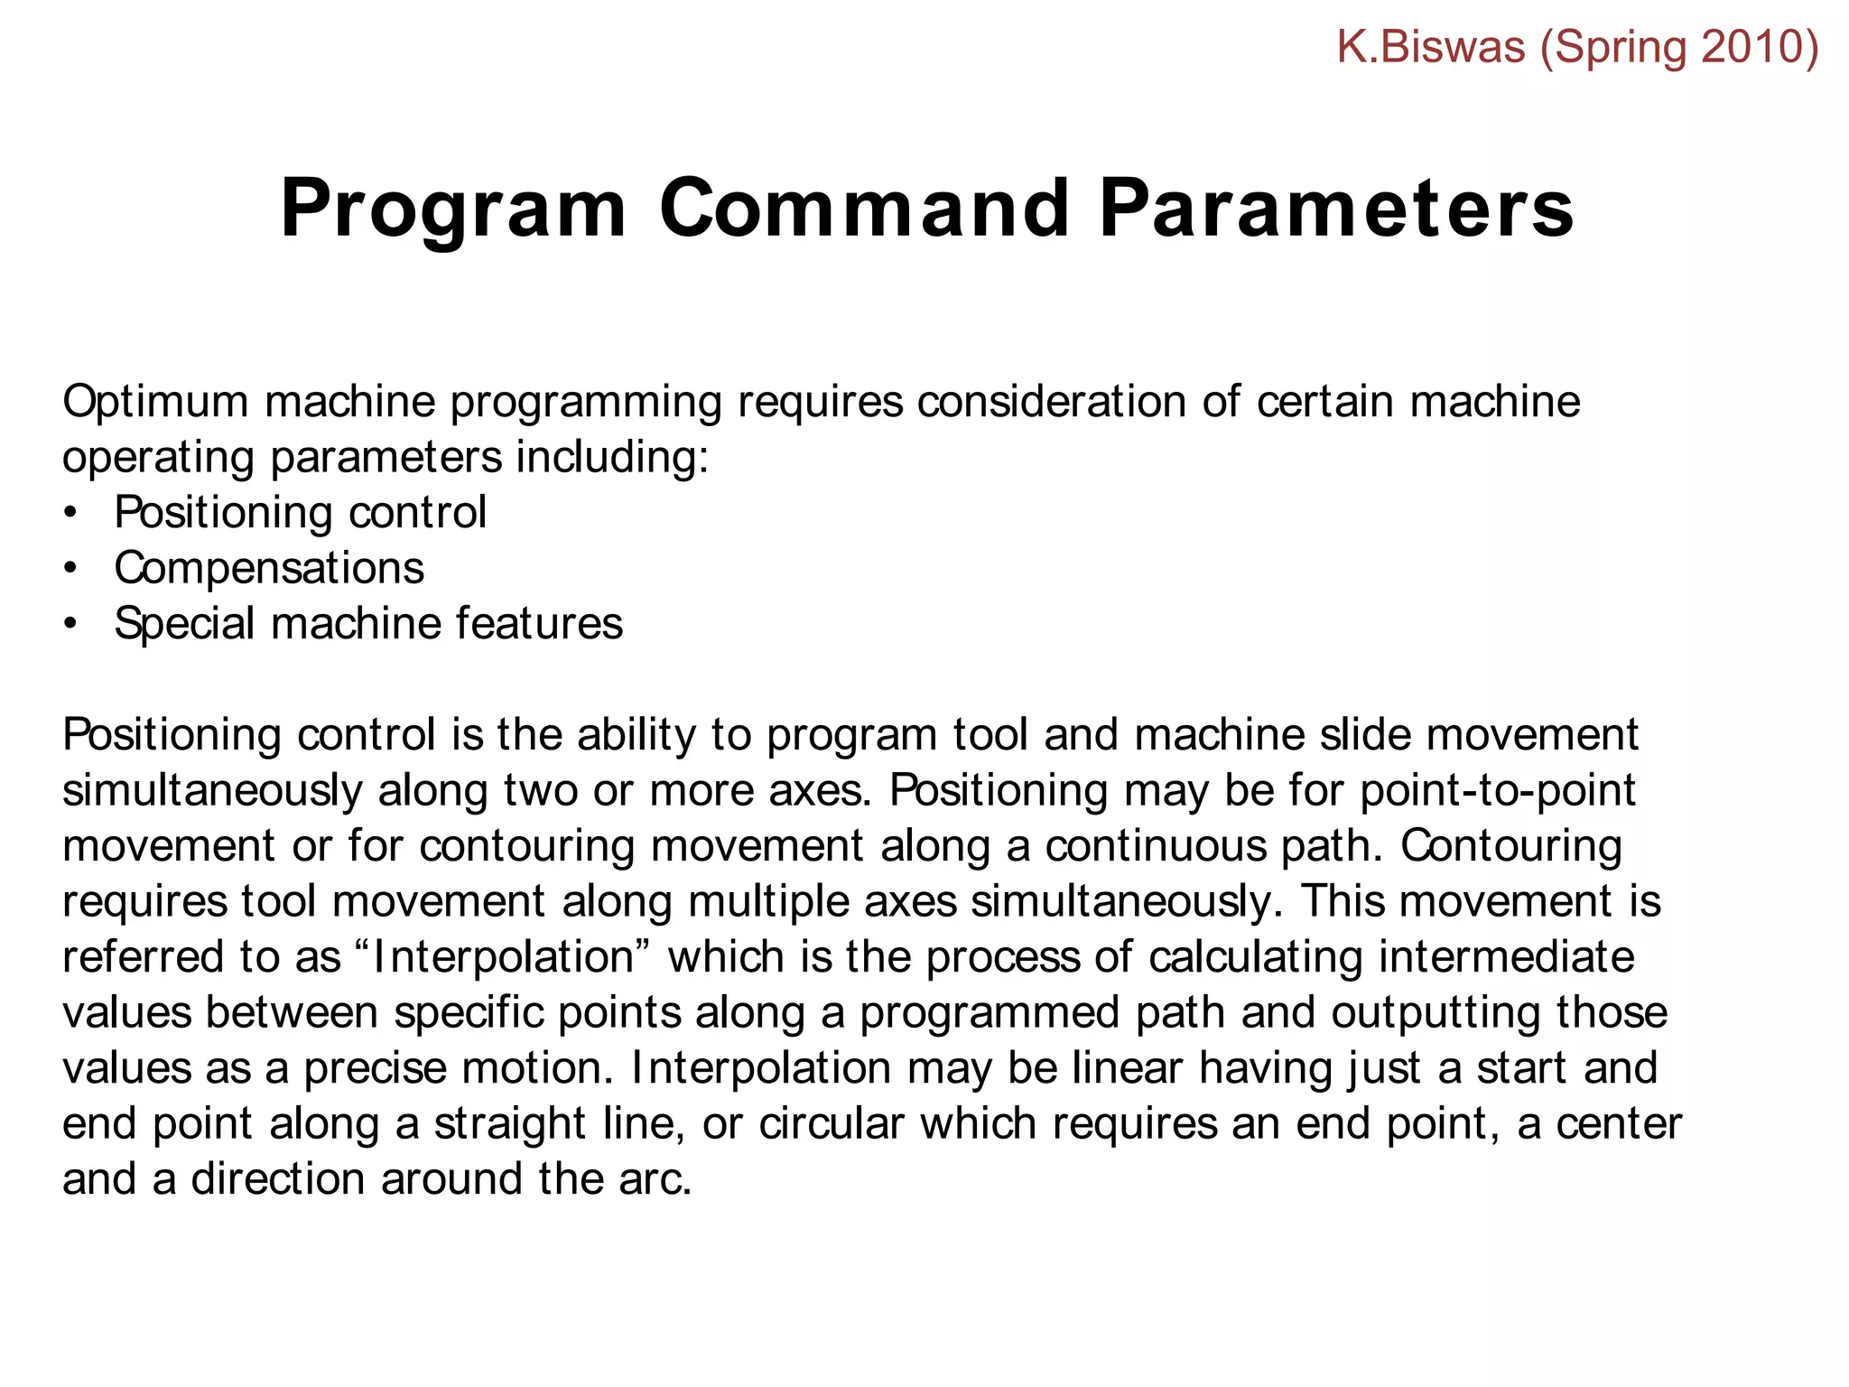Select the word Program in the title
point(453,210)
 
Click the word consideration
point(1051,402)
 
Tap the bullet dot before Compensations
point(70,569)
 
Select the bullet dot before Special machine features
point(70,625)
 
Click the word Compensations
point(268,569)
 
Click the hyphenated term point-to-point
point(1497,791)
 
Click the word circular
point(831,1124)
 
